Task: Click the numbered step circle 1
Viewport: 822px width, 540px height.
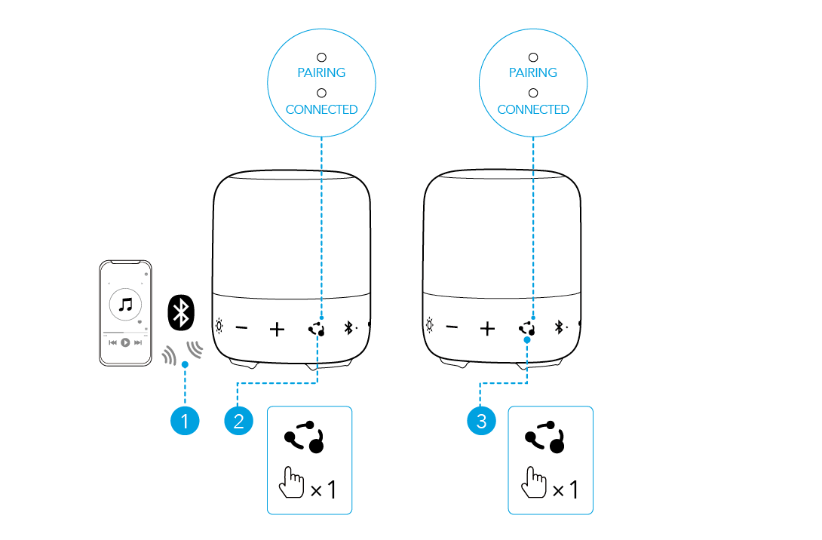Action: [x=185, y=421]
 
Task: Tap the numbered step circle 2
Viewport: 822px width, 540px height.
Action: [x=238, y=421]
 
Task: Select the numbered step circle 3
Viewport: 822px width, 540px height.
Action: [x=482, y=421]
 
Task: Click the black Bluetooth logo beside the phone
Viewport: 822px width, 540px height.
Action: [x=180, y=311]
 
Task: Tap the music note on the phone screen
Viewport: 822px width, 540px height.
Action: [x=126, y=304]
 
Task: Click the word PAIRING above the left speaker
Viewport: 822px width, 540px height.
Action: [x=321, y=73]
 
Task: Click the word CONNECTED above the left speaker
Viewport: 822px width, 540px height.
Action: [x=321, y=110]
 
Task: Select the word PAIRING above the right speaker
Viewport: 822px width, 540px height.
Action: [x=533, y=73]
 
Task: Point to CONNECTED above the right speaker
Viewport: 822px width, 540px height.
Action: [x=533, y=110]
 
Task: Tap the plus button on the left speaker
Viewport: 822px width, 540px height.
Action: [x=278, y=329]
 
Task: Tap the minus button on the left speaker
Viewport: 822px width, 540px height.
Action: [x=241, y=328]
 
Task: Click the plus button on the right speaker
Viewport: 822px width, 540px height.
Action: [x=488, y=328]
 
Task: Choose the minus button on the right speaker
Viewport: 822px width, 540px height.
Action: [x=452, y=327]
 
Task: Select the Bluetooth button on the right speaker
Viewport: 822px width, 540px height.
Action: [x=560, y=327]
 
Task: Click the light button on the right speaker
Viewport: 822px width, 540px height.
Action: [x=430, y=327]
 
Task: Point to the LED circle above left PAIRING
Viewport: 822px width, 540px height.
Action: [x=321, y=57]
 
